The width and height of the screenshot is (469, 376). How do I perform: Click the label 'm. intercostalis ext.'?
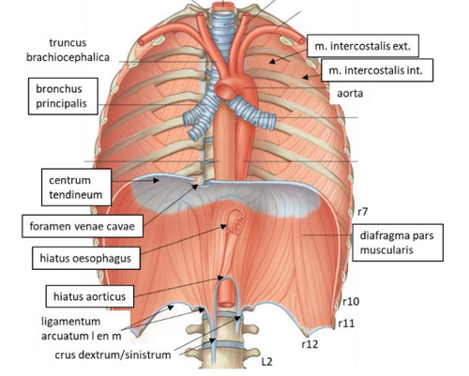[363, 46]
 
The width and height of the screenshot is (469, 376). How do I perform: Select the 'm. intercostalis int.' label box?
[377, 70]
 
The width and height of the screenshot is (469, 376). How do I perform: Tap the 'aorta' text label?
[350, 93]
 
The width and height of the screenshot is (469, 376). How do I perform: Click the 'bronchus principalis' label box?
[63, 97]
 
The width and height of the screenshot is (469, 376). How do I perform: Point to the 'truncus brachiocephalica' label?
[68, 50]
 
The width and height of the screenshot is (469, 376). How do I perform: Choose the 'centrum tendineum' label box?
[76, 188]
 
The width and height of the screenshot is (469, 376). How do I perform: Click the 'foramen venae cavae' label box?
[83, 226]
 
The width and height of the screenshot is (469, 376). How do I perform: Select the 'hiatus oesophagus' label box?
[86, 258]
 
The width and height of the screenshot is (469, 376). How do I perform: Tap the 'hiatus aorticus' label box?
[90, 296]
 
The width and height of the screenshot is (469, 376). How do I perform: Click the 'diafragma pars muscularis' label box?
[398, 242]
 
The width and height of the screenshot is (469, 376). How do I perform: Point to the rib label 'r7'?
[362, 212]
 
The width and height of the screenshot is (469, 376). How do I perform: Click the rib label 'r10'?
[351, 301]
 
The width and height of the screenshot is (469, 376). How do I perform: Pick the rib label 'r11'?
[347, 323]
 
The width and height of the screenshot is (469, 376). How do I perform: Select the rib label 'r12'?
[310, 344]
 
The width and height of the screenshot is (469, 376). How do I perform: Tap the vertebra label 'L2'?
[266, 362]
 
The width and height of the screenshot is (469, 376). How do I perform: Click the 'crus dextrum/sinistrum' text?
[113, 354]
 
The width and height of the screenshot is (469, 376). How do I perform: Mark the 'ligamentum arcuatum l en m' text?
[82, 328]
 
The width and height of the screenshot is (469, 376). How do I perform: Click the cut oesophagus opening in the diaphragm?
[236, 223]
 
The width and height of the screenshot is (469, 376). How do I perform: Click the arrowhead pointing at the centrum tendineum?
[156, 180]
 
